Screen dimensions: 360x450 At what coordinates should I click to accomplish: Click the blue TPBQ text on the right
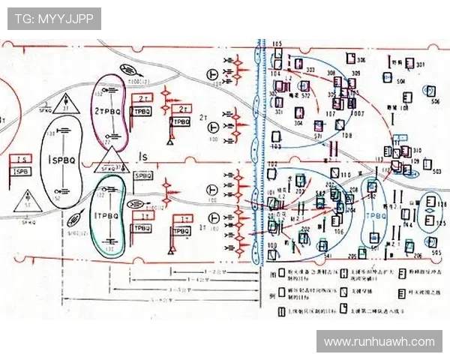374,214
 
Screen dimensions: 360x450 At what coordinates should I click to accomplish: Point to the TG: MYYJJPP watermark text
54,19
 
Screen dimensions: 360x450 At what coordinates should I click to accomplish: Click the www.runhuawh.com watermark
379,341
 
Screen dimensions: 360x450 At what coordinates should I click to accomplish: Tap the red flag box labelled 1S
22,160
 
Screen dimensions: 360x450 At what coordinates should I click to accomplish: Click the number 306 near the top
361,60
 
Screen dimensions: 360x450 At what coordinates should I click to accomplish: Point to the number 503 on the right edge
436,172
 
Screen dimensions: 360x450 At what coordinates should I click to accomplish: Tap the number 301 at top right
420,65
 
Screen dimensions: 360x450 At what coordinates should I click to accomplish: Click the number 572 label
304,96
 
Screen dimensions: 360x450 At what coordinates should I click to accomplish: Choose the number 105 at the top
277,45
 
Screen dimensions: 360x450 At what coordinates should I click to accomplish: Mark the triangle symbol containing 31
65,103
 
